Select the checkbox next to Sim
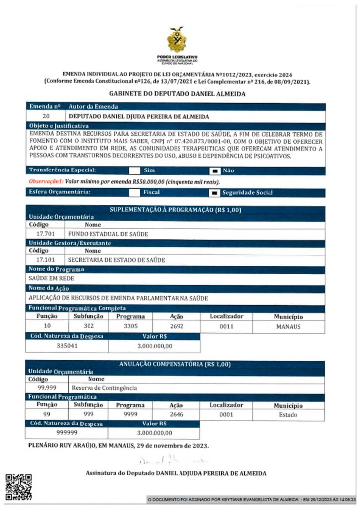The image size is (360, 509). pos(135,170)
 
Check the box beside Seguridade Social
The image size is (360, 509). pos(215,192)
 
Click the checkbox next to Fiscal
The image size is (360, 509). pos(135,192)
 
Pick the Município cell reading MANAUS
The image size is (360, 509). pos(288,327)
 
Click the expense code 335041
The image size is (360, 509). pos(67,346)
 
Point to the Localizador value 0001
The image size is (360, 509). pos(226,415)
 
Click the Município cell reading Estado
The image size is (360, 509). pos(288,415)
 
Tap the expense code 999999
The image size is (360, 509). pos(67,433)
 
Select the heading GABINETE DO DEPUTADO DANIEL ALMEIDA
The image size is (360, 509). pos(177,94)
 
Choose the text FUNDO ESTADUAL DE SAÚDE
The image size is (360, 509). pos(108,233)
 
